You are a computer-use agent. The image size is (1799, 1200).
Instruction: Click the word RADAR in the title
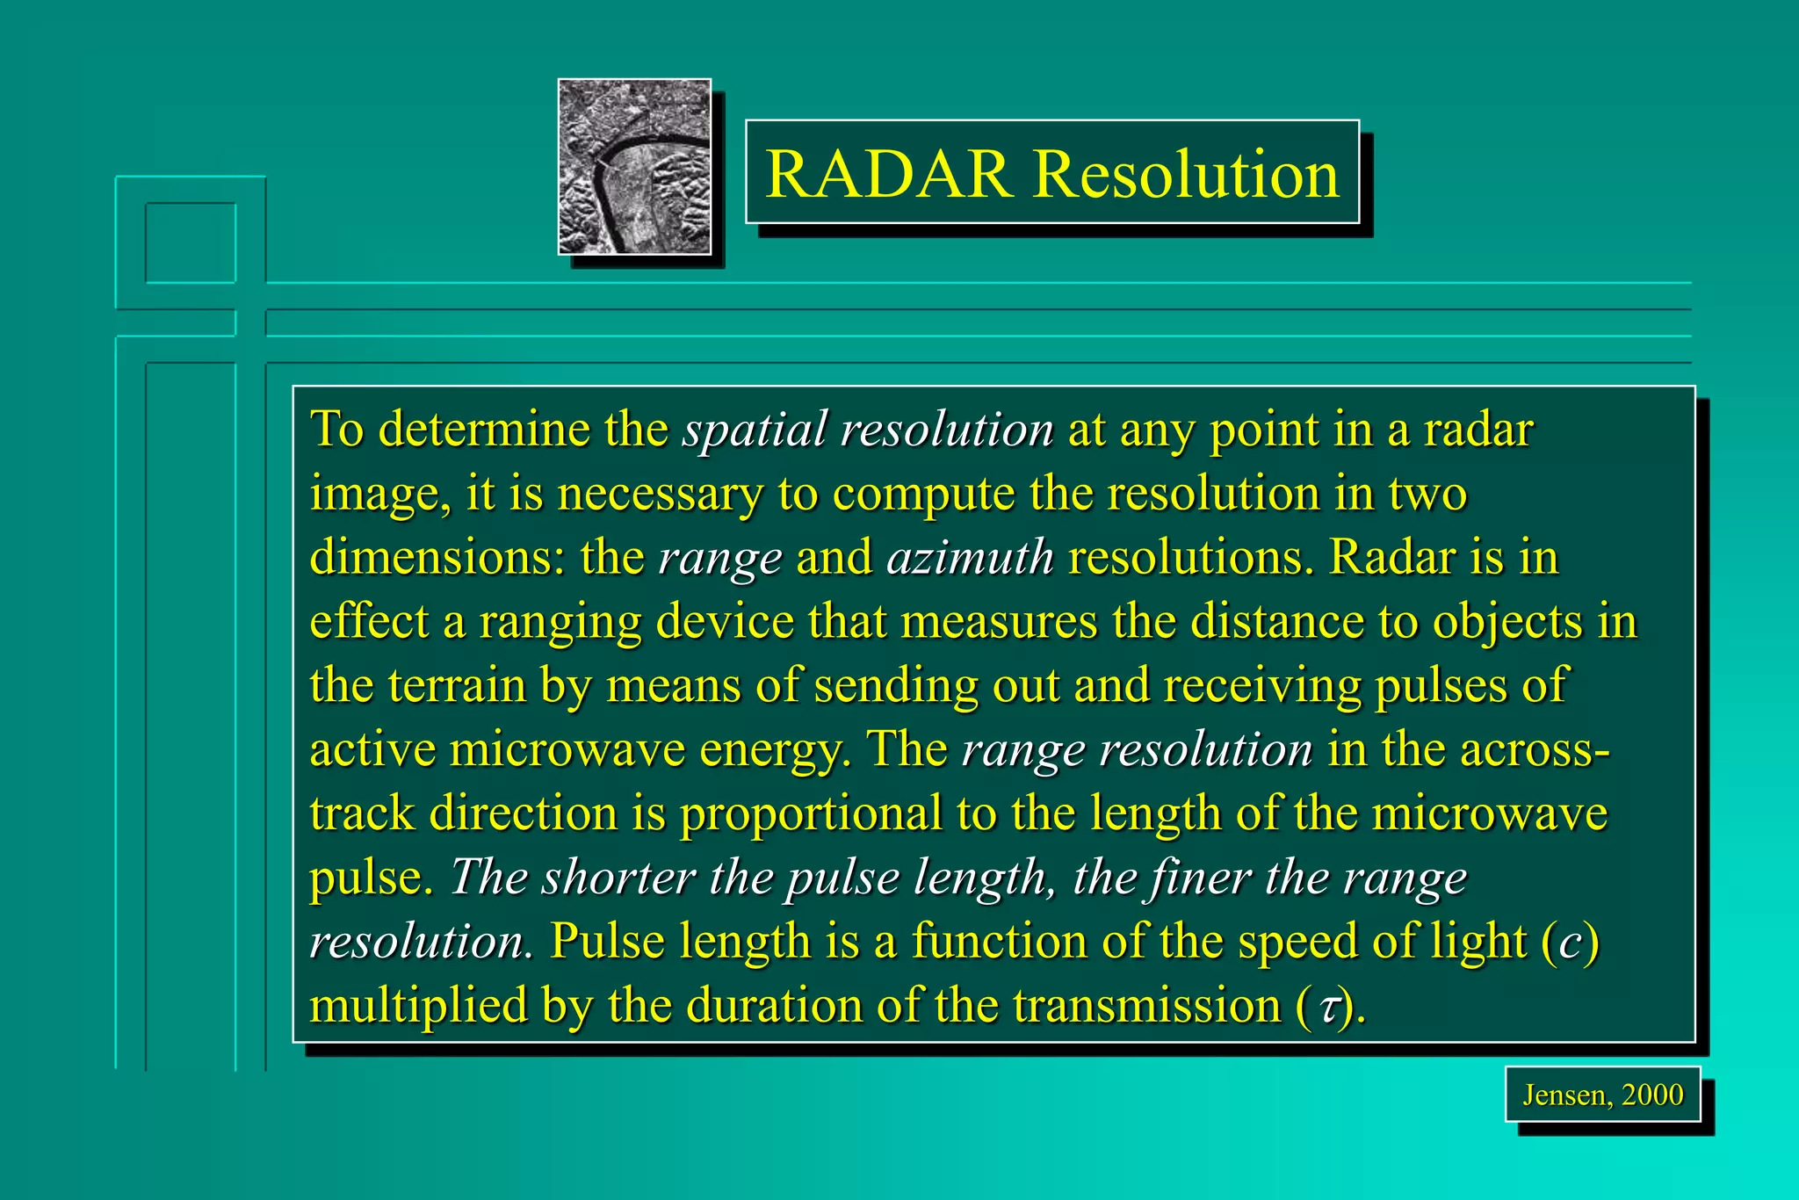(x=888, y=174)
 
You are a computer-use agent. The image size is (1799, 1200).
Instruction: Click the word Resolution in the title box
(x=1186, y=174)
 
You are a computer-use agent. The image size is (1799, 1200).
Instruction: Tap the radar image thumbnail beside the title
(x=634, y=167)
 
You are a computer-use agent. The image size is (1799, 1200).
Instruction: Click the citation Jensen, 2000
(x=1602, y=1095)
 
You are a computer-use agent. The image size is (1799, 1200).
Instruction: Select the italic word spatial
(x=755, y=430)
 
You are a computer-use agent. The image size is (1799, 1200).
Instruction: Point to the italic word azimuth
(x=970, y=558)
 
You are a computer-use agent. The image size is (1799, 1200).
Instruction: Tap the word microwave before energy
(x=566, y=749)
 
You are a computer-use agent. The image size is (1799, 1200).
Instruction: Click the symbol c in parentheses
(x=1570, y=943)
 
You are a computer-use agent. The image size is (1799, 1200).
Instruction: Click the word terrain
(x=456, y=686)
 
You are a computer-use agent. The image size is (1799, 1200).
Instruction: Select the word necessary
(x=660, y=495)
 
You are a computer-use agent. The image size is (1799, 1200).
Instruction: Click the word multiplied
(x=418, y=1005)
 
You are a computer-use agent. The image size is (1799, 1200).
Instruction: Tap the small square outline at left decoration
(x=191, y=243)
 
